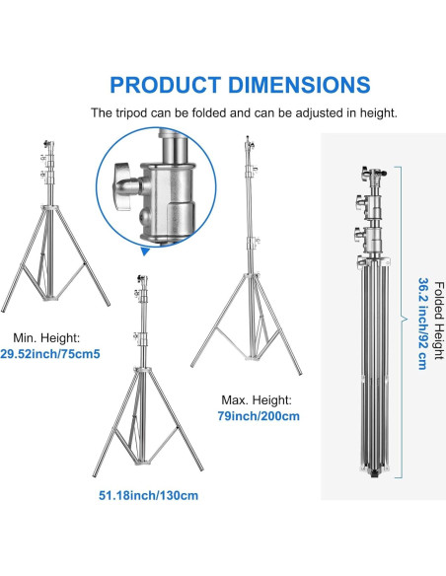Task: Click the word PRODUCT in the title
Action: click(x=166, y=85)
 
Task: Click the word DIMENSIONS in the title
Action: click(x=299, y=85)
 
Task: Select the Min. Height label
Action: click(x=46, y=337)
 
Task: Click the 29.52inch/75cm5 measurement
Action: click(x=50, y=354)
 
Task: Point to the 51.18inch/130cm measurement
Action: click(x=148, y=495)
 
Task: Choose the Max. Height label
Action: click(x=257, y=399)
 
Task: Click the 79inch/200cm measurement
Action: click(x=259, y=416)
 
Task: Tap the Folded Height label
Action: click(x=439, y=321)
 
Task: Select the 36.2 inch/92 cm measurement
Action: click(x=423, y=324)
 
